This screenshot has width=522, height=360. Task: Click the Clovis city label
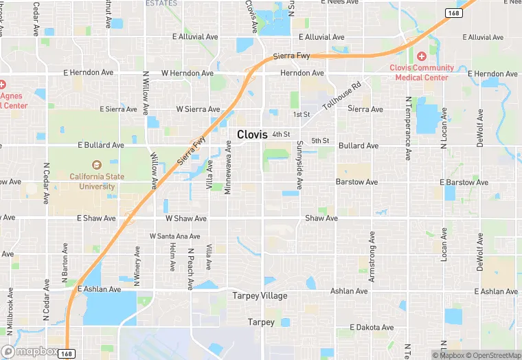pos(252,135)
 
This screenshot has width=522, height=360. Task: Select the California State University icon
pos(96,165)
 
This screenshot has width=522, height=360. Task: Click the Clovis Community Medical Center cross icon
pos(421,56)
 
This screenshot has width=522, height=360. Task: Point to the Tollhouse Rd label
pos(342,98)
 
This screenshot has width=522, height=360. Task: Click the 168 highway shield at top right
pos(453,13)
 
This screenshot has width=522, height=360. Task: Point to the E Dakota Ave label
pos(372,328)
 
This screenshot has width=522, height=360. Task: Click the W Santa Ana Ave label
pos(175,236)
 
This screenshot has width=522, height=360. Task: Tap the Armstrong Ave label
pos(372,256)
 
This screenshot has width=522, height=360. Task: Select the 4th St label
pos(282,134)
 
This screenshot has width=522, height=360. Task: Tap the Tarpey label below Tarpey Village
pos(261,322)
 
